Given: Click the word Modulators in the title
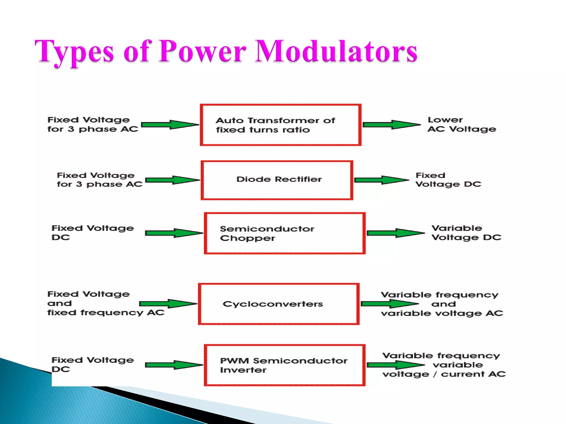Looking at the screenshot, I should [x=336, y=51].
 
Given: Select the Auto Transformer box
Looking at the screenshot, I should [x=281, y=125].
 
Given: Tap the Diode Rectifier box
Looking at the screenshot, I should [x=277, y=180].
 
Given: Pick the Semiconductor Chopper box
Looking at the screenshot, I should [x=285, y=233].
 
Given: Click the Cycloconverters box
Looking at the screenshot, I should [x=279, y=304].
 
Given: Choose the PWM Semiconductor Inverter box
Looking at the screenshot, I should [x=285, y=365].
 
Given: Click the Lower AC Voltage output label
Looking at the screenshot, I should [x=462, y=124].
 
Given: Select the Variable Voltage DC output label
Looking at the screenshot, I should [x=466, y=233].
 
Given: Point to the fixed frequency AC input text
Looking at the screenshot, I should [x=106, y=313].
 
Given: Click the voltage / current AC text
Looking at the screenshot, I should [x=444, y=374].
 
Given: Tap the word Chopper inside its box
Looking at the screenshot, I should [x=247, y=238].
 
